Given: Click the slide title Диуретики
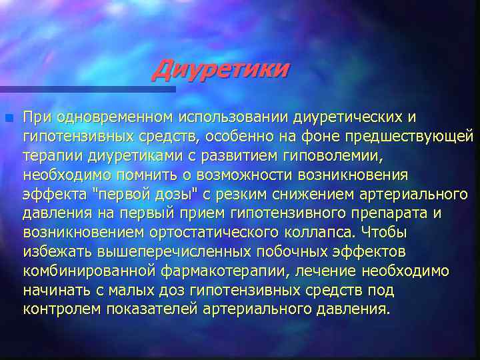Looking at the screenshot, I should point(221,68).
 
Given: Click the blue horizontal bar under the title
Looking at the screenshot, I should point(87,88).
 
